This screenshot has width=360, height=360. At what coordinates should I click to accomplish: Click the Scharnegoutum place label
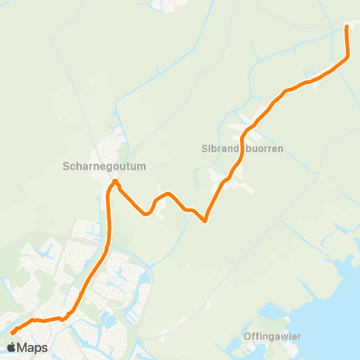click(x=104, y=166)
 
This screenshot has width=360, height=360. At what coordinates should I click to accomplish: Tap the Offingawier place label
click(x=272, y=336)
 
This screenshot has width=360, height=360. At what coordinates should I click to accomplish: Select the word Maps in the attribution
click(x=32, y=348)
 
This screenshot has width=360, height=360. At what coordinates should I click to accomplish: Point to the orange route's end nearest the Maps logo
click(x=13, y=332)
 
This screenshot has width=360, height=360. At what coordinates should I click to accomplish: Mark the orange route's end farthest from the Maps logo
click(x=346, y=27)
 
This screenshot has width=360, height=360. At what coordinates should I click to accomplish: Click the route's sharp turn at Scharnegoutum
click(x=115, y=181)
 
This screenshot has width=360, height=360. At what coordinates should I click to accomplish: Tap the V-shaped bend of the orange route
click(x=205, y=220)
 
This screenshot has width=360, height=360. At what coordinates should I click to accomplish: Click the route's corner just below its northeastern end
click(x=348, y=56)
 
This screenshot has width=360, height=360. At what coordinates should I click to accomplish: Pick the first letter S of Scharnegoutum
click(x=66, y=166)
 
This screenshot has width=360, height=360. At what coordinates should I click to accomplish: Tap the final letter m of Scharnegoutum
click(x=142, y=166)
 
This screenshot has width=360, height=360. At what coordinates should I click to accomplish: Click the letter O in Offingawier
click(x=247, y=336)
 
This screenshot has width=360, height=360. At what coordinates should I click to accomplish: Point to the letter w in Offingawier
click(x=284, y=336)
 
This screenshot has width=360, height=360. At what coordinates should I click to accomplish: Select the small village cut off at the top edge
click(x=168, y=5)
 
